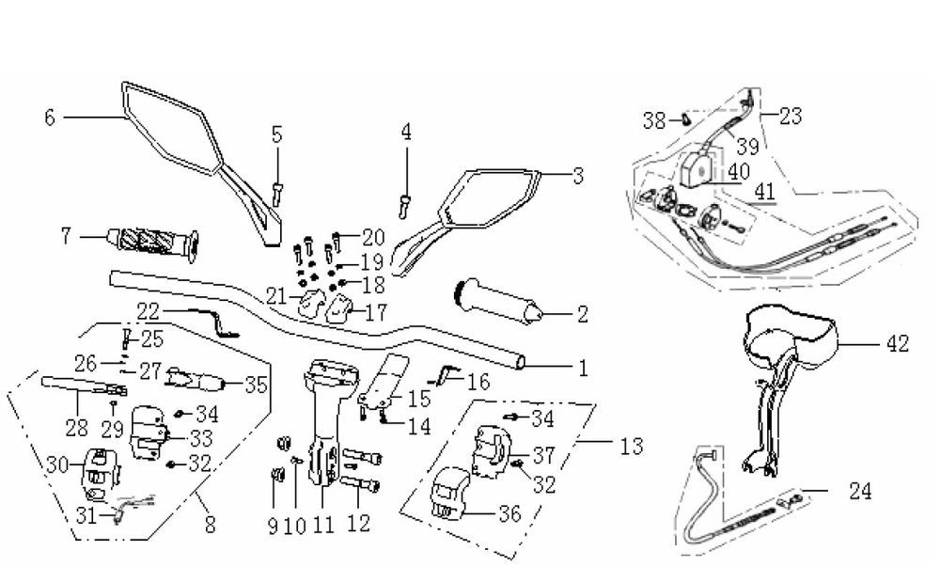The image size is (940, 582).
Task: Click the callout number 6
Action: coord(50,117)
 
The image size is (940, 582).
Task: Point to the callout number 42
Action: coord(897,344)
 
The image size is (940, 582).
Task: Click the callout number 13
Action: coord(632,445)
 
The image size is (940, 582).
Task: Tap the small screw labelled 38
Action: coord(686,119)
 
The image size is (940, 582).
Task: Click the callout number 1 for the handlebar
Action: coord(583,370)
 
